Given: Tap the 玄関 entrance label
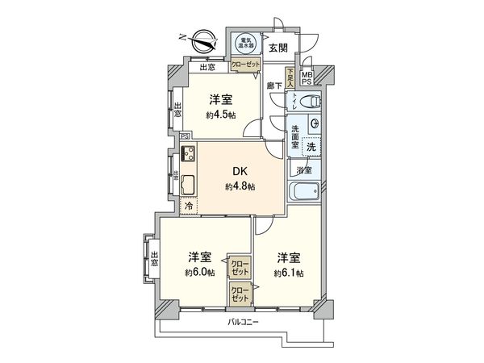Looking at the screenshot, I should [x=278, y=46].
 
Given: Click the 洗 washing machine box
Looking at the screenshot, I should [x=310, y=146].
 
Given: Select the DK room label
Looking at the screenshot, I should [x=240, y=171].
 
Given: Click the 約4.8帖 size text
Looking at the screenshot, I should [x=240, y=186].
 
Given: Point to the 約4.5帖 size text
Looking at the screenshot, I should [x=220, y=115].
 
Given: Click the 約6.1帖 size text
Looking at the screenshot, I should [x=288, y=273].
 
